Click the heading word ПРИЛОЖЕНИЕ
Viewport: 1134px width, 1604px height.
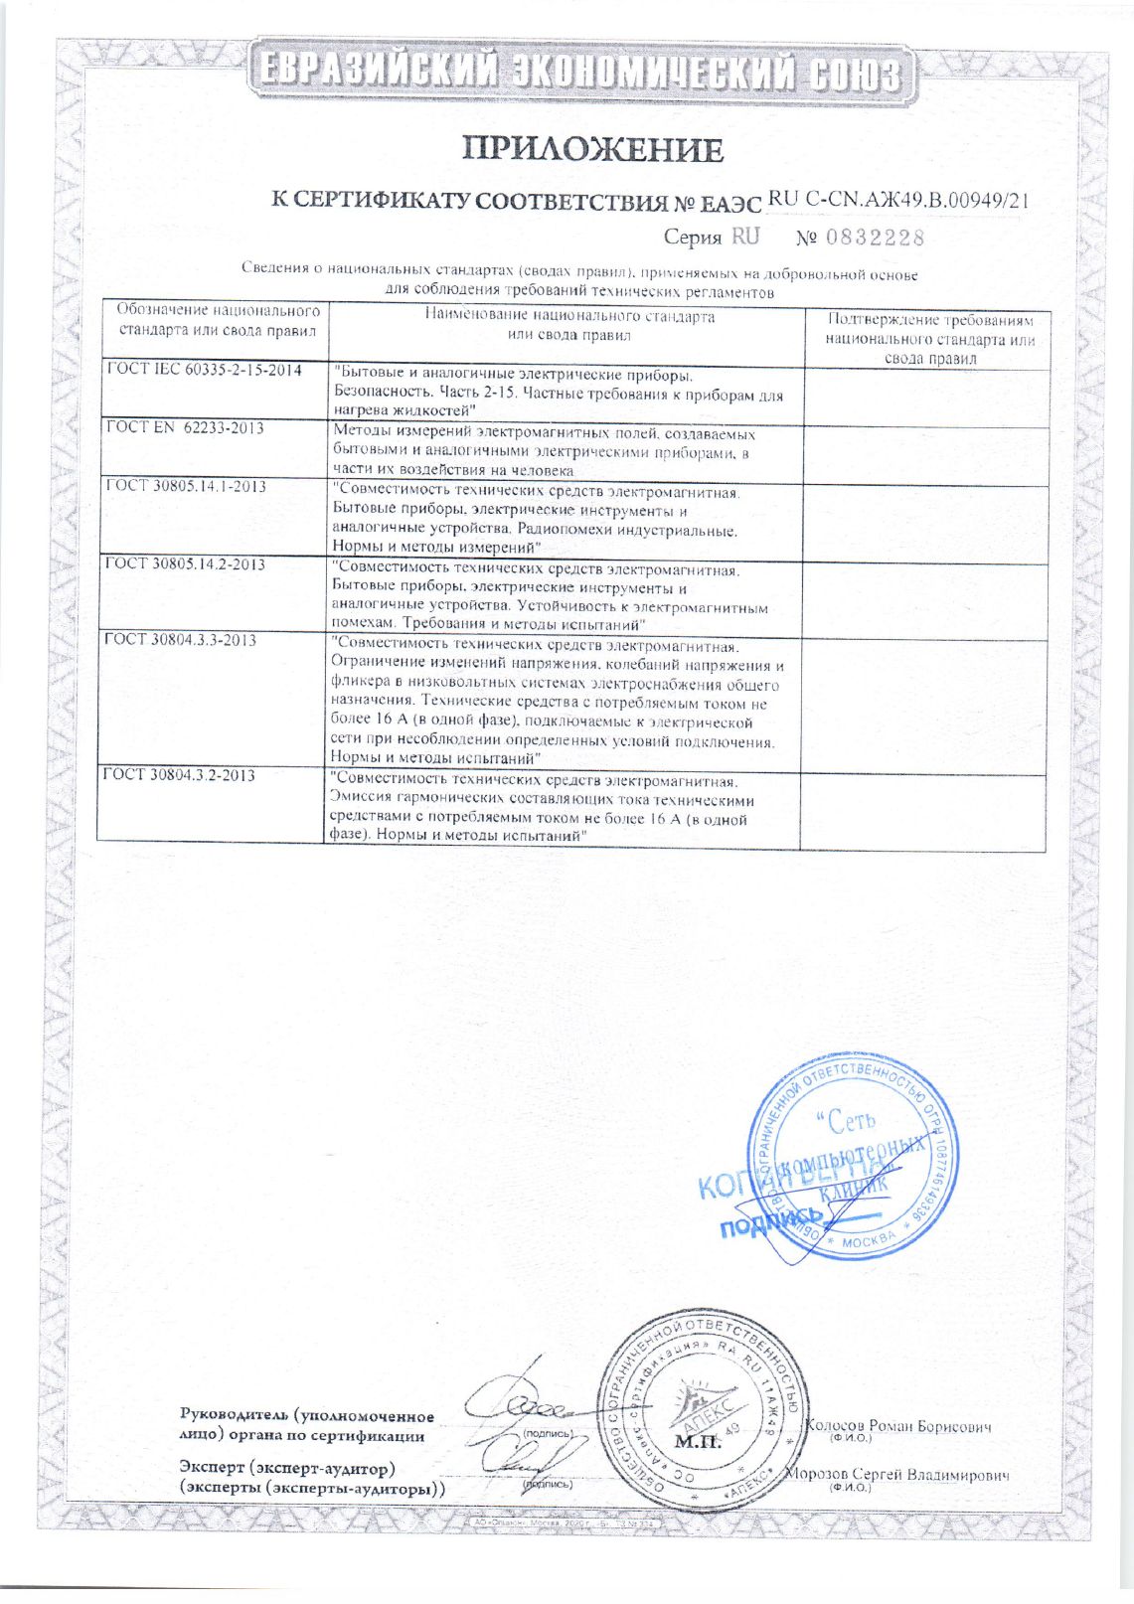(x=591, y=150)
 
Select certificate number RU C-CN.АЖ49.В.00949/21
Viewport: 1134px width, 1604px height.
(x=897, y=200)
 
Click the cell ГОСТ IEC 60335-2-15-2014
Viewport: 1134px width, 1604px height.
(x=205, y=370)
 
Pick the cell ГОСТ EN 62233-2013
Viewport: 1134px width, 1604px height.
(x=185, y=428)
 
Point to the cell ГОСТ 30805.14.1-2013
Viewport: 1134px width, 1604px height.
(x=186, y=486)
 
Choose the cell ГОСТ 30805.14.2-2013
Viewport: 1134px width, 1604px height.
(x=186, y=563)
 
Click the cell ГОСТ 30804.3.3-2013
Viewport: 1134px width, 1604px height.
(x=181, y=639)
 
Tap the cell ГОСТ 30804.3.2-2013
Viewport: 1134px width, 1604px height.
(x=181, y=774)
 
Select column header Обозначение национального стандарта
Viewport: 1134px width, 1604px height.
(x=218, y=320)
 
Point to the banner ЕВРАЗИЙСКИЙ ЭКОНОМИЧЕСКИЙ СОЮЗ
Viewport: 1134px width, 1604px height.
(x=581, y=73)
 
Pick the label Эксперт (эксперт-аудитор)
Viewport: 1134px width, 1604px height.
(x=287, y=1468)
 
